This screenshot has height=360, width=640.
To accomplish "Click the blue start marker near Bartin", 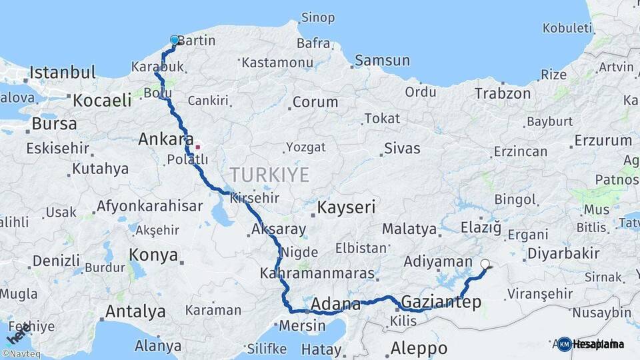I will pyautogui.click(x=175, y=40).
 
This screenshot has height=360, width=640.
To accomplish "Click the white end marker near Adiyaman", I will pyautogui.click(x=485, y=264).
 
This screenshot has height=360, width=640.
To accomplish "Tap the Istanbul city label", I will pyautogui.click(x=63, y=72).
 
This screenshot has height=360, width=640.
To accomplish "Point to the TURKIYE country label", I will pyautogui.click(x=269, y=175).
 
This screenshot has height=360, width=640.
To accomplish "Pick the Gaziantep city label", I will pyautogui.click(x=441, y=303).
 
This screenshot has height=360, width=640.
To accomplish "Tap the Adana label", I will pyautogui.click(x=336, y=305).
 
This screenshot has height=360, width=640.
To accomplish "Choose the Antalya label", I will pyautogui.click(x=135, y=311).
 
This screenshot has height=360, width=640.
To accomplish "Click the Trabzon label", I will pyautogui.click(x=503, y=94).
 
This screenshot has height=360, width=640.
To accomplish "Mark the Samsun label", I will pyautogui.click(x=382, y=61).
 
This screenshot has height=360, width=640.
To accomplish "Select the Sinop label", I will pyautogui.click(x=318, y=17).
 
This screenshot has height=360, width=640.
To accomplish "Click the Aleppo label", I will pyautogui.click(x=419, y=347).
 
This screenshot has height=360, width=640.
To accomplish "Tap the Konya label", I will pyautogui.click(x=153, y=255).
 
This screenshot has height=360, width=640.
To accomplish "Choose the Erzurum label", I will pyautogui.click(x=603, y=141).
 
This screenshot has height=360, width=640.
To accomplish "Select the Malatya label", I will pyautogui.click(x=409, y=229).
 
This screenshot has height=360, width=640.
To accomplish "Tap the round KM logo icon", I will pyautogui.click(x=565, y=344).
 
